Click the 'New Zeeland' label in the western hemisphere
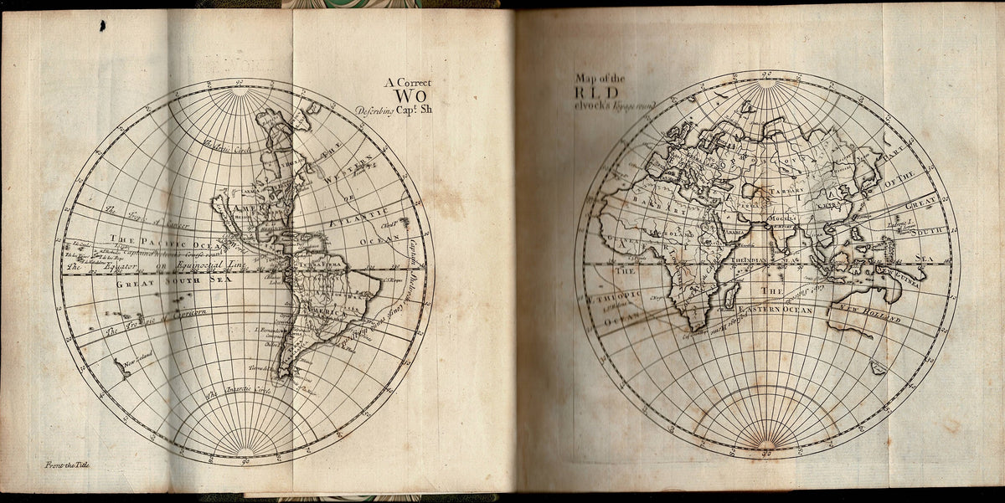(x=141, y=363)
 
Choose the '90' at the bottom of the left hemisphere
(x=245, y=460)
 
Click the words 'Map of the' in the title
(x=600, y=80)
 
